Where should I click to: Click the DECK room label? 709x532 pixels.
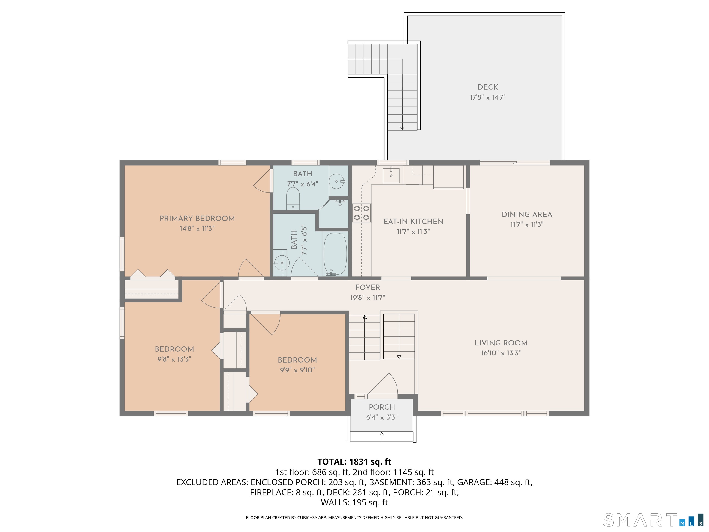[488, 87]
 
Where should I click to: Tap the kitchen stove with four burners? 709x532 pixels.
[362, 213]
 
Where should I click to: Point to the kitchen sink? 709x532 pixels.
[391, 175]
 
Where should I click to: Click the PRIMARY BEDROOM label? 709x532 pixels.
[197, 218]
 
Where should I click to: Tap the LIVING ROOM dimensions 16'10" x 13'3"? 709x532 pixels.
[501, 353]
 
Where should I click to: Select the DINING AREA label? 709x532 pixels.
[527, 214]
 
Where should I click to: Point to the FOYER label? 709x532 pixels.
[368, 287]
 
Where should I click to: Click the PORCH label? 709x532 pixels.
[382, 407]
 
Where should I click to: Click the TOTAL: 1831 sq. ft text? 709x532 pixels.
[354, 462]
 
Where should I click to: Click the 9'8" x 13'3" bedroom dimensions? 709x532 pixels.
[174, 359]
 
